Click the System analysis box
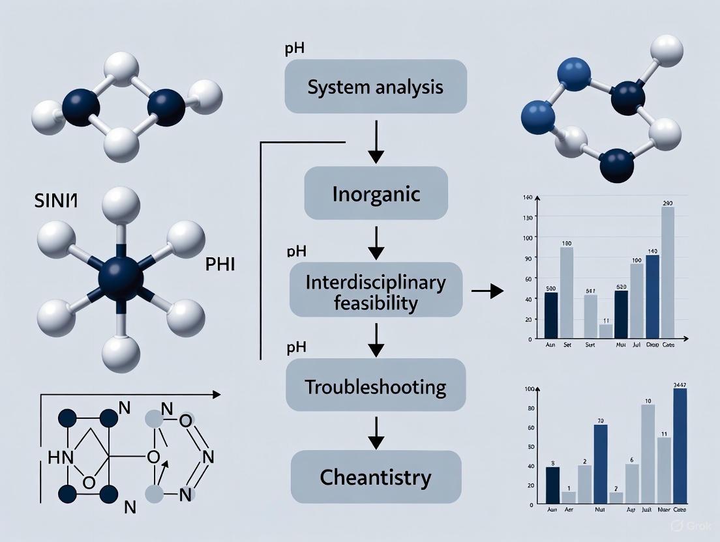[376, 86]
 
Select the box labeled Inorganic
[376, 193]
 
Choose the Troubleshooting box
[376, 388]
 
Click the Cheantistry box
[376, 478]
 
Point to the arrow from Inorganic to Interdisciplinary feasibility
[376, 240]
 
